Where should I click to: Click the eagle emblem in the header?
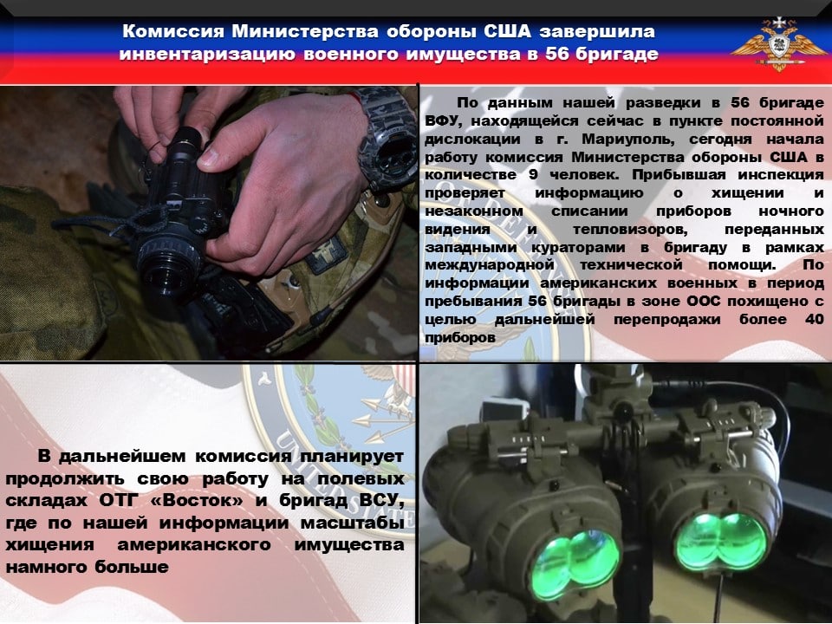(778, 44)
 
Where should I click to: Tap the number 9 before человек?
(533, 175)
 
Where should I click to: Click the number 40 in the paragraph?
(814, 319)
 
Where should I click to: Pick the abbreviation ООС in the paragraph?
(704, 301)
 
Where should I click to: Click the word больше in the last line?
(132, 567)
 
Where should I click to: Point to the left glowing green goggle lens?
(575, 564)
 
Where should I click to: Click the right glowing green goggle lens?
(720, 541)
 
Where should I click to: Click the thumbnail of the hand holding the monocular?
(209, 223)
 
